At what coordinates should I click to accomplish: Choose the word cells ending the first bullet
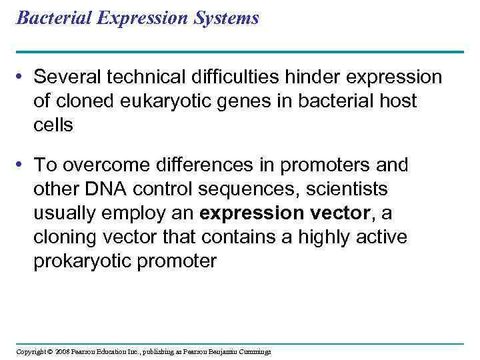pyautogui.click(x=53, y=125)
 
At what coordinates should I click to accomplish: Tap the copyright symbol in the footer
pyautogui.click(x=49, y=352)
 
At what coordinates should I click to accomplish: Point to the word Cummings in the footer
pyautogui.click(x=255, y=352)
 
